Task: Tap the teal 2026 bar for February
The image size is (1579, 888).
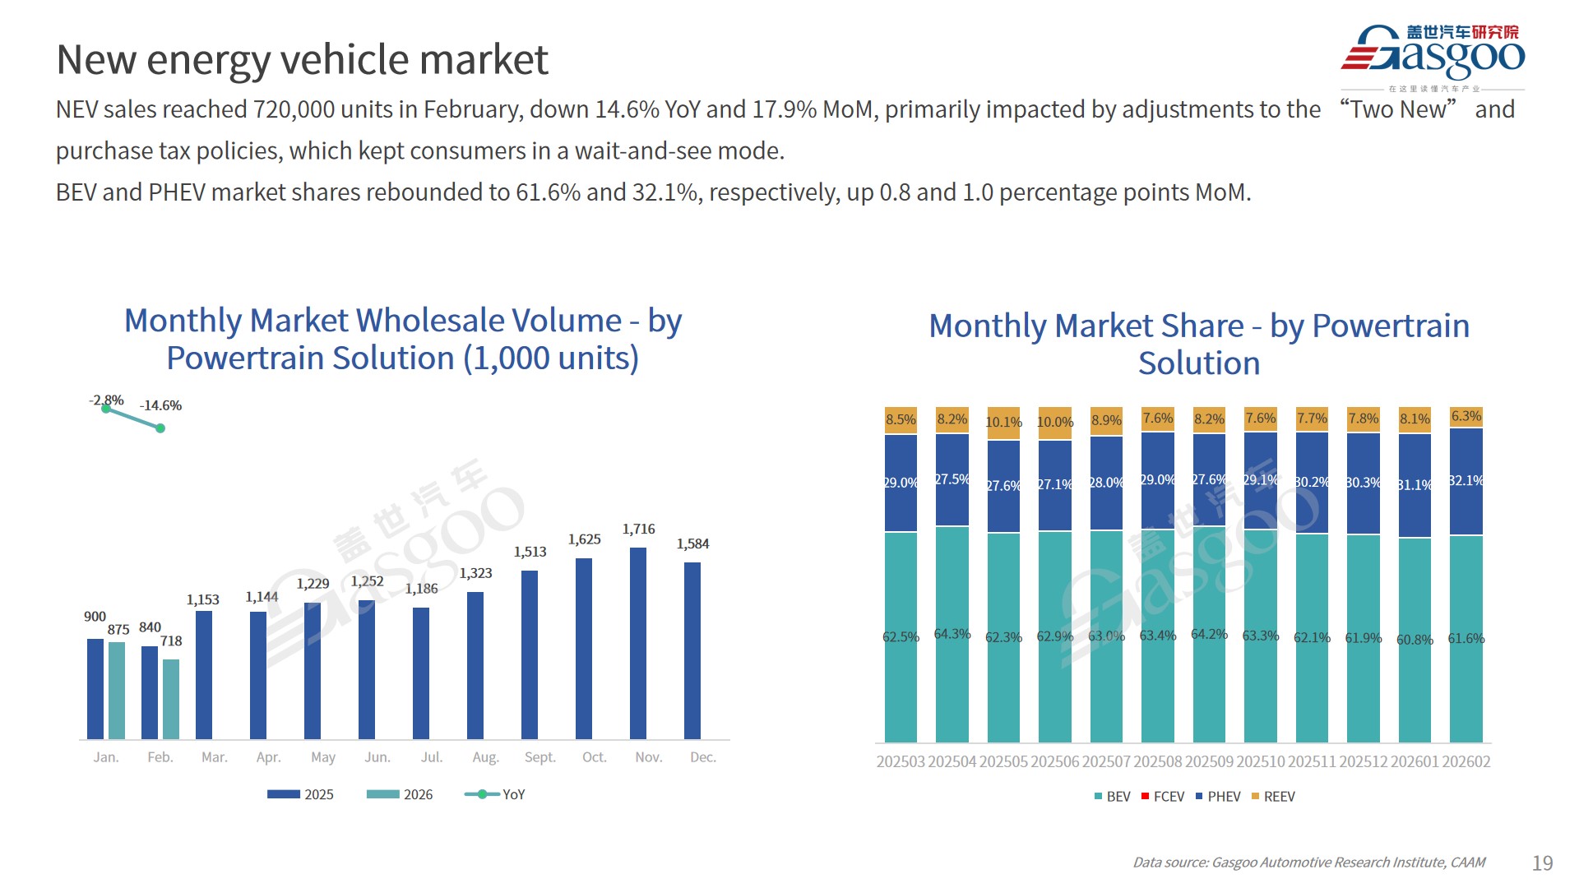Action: click(171, 699)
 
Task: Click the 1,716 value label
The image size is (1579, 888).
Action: click(638, 529)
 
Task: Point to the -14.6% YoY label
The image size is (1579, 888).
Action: click(160, 405)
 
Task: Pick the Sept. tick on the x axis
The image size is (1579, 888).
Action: click(539, 757)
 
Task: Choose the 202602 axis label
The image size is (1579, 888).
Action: click(1466, 761)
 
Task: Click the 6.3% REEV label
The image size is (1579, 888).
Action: click(1466, 416)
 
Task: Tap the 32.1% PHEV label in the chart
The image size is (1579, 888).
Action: click(1466, 480)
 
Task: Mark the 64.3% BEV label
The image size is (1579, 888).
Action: click(952, 634)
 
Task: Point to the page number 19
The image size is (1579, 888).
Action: click(1542, 863)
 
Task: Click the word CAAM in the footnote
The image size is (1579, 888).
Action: click(1468, 863)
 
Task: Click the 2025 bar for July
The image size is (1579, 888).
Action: click(421, 673)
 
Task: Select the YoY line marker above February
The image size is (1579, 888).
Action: click(160, 428)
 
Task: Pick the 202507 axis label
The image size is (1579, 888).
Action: click(1106, 761)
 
